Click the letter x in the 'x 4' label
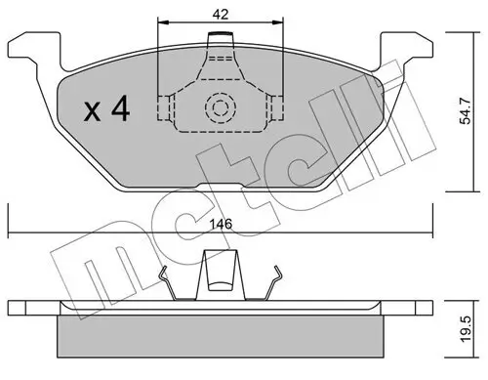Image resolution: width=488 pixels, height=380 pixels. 92,112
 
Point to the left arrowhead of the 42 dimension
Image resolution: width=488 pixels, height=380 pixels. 162,22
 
